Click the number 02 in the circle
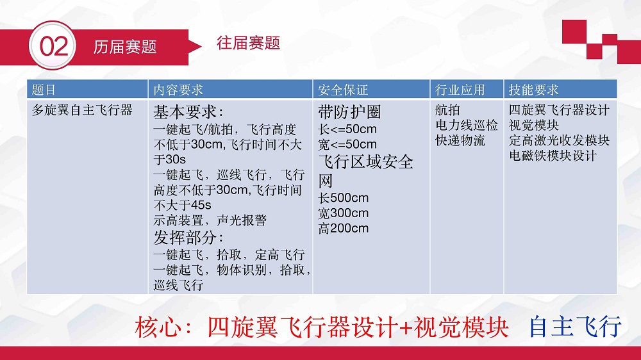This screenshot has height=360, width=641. click(54, 46)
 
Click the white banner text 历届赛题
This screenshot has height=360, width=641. click(125, 47)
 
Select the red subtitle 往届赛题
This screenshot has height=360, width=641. click(248, 43)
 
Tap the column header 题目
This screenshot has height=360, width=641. click(44, 90)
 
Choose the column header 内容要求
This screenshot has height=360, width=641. click(178, 90)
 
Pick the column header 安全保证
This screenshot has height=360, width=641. click(343, 90)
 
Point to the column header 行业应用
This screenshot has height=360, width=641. click(460, 90)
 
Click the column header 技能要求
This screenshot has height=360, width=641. click(533, 90)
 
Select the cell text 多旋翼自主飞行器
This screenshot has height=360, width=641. click(82, 110)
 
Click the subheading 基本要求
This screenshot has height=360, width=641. click(188, 112)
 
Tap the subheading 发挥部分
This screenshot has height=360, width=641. click(188, 238)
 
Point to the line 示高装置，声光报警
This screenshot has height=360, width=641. click(210, 220)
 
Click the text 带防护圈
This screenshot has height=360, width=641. click(349, 112)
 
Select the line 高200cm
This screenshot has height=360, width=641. click(344, 228)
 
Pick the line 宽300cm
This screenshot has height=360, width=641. click(344, 213)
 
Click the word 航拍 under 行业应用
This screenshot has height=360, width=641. click(447, 110)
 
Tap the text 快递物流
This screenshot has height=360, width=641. click(460, 140)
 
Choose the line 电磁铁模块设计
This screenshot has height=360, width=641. click(553, 155)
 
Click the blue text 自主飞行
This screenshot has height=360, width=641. click(575, 327)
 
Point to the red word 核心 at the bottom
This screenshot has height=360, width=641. click(158, 327)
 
